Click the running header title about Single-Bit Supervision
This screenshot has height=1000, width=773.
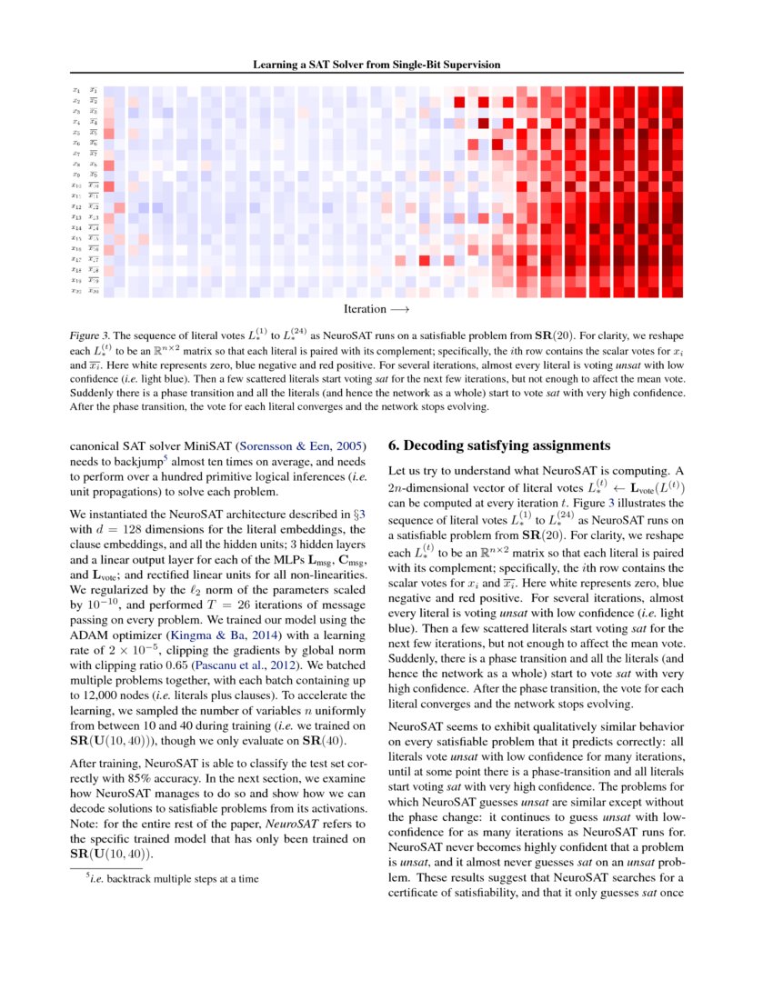pyautogui.click(x=386, y=65)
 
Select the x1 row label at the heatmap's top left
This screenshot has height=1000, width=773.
pyautogui.click(x=76, y=90)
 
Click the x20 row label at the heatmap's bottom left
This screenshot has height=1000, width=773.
pyautogui.click(x=76, y=292)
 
